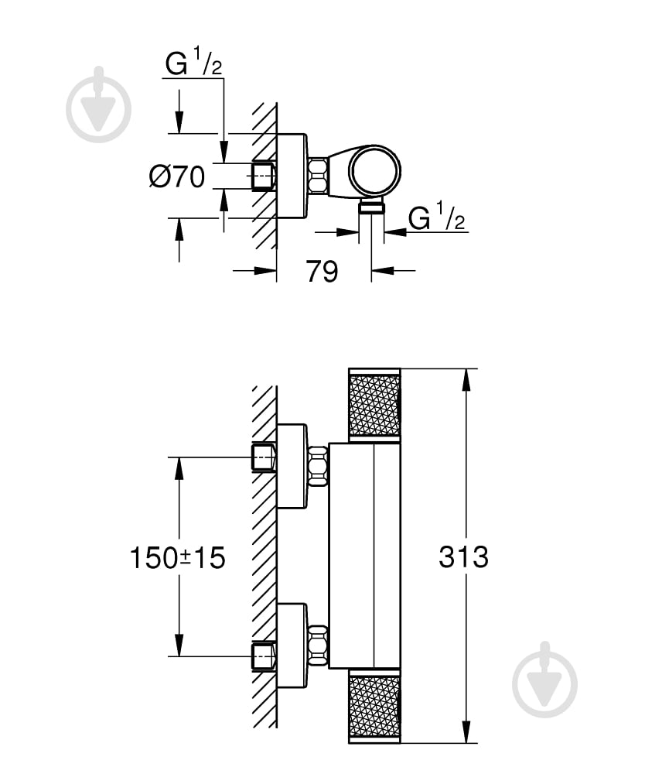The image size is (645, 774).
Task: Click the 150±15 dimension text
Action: tap(177, 557)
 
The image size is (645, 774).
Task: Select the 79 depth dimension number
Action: tap(322, 271)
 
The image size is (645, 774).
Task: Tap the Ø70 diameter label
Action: tap(177, 177)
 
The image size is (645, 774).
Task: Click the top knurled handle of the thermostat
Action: tap(374, 405)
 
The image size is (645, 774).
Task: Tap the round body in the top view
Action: tap(375, 171)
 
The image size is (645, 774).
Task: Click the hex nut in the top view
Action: tap(318, 176)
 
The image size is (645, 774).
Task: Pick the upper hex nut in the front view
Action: tap(318, 466)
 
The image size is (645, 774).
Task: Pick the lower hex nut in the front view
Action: tap(318, 645)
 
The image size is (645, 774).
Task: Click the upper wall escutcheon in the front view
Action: tap(292, 466)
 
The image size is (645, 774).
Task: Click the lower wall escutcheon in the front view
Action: tap(292, 645)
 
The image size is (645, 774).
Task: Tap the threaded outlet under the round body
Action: tap(372, 205)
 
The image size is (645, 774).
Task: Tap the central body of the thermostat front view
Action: tap(364, 556)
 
